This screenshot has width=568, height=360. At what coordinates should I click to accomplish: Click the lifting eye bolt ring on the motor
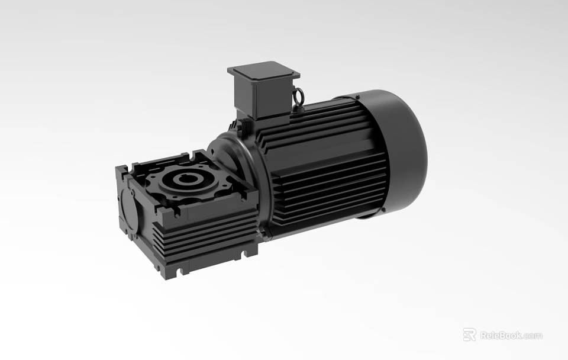tap(300, 94)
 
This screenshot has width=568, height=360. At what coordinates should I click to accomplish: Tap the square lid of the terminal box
tap(263, 72)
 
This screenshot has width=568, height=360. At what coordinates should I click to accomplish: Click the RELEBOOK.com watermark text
tap(511, 335)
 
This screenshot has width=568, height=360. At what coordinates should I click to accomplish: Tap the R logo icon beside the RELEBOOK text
tap(469, 335)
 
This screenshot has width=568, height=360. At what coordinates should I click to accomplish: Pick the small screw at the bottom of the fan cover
tap(362, 216)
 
